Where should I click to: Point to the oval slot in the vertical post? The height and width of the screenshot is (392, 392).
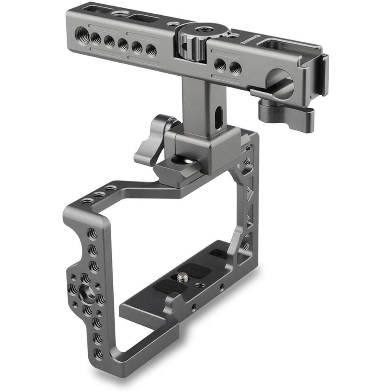click(x=218, y=115)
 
